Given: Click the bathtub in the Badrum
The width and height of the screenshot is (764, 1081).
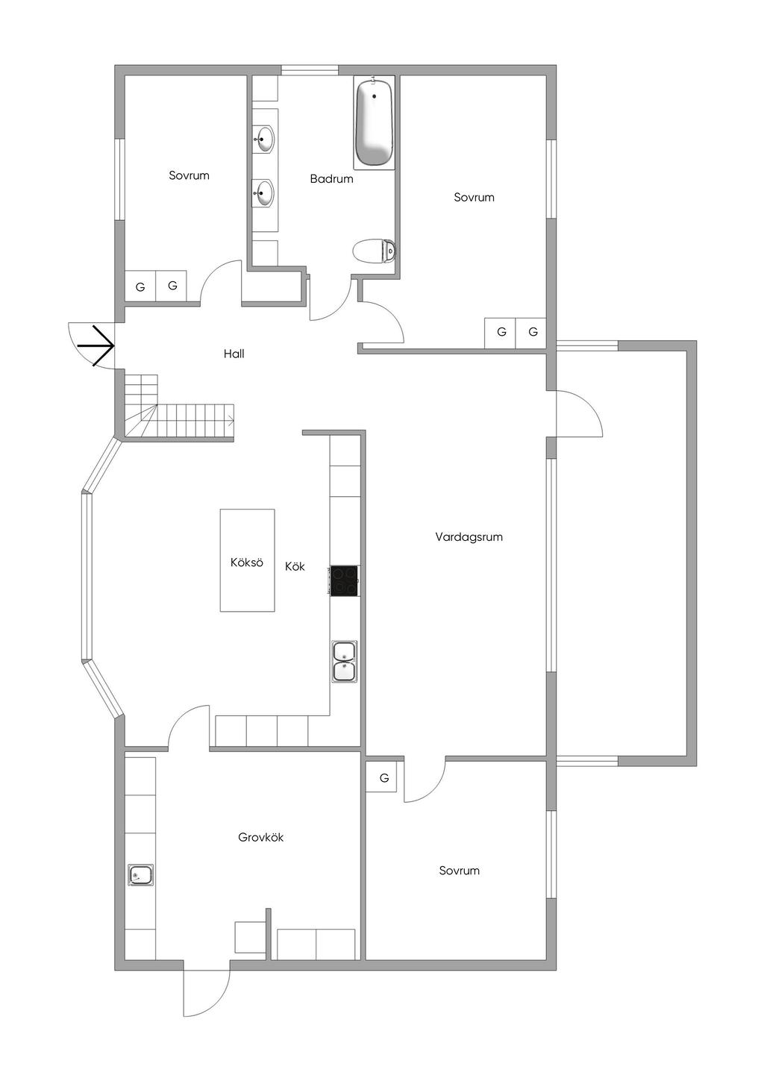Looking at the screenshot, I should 374,123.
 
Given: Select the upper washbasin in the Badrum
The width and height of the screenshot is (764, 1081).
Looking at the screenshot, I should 263,138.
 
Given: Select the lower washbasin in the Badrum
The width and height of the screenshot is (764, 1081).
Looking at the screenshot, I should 263,193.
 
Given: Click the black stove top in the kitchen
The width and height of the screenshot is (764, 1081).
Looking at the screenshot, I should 344,580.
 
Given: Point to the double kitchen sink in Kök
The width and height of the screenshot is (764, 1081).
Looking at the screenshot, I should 344,661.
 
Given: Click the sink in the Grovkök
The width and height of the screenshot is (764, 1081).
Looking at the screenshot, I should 140,874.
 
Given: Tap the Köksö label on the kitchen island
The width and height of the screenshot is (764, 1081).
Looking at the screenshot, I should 247,563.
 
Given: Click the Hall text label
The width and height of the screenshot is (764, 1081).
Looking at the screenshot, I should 234,354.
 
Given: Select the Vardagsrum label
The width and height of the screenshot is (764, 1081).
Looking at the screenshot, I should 469,536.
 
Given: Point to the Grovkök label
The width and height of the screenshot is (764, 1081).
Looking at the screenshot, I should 260,837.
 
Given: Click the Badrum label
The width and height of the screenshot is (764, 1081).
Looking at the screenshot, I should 331,179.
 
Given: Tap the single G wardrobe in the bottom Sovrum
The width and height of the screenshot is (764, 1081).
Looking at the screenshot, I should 384,778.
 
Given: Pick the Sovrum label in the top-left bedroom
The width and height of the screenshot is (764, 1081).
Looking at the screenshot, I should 189,176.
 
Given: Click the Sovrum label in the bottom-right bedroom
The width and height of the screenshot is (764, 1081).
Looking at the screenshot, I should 459,871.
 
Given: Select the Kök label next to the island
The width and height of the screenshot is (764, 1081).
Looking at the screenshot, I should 295,566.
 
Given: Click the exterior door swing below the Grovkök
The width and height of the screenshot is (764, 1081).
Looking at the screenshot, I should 207,993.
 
